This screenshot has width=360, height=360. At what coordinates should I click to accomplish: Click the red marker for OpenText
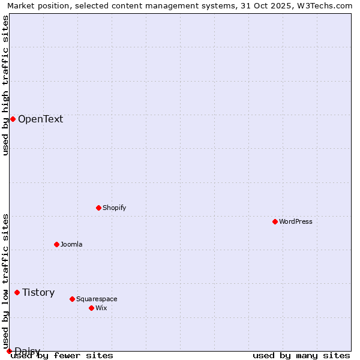click(x=13, y=119)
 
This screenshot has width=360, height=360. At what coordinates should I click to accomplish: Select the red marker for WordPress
click(x=275, y=221)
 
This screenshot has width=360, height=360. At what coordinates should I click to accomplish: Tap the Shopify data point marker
click(x=98, y=208)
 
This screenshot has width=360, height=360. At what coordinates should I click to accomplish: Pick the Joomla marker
click(x=56, y=244)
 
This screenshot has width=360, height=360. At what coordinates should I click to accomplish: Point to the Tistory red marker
click(x=17, y=292)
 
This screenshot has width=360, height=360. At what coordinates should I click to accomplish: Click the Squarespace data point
click(x=72, y=299)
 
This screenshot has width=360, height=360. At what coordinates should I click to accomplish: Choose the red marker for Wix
click(x=91, y=308)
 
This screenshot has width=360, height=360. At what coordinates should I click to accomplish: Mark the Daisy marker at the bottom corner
click(x=9, y=351)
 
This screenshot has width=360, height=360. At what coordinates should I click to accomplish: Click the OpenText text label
click(x=40, y=119)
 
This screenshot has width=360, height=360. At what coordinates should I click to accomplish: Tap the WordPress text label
click(x=296, y=221)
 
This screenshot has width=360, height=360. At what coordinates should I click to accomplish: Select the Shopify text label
click(x=114, y=208)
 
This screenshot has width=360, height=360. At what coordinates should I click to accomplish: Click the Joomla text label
click(x=71, y=244)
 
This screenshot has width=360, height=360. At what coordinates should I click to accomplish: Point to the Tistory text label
click(x=38, y=292)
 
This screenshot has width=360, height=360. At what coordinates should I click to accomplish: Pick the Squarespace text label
click(x=97, y=299)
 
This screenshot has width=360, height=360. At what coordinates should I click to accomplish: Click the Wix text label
click(x=101, y=308)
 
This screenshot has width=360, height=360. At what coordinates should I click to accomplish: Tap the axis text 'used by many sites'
click(x=301, y=355)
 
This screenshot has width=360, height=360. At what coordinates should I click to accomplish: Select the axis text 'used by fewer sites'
click(x=62, y=355)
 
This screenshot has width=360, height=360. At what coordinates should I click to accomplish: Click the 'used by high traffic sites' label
click(x=5, y=85)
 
